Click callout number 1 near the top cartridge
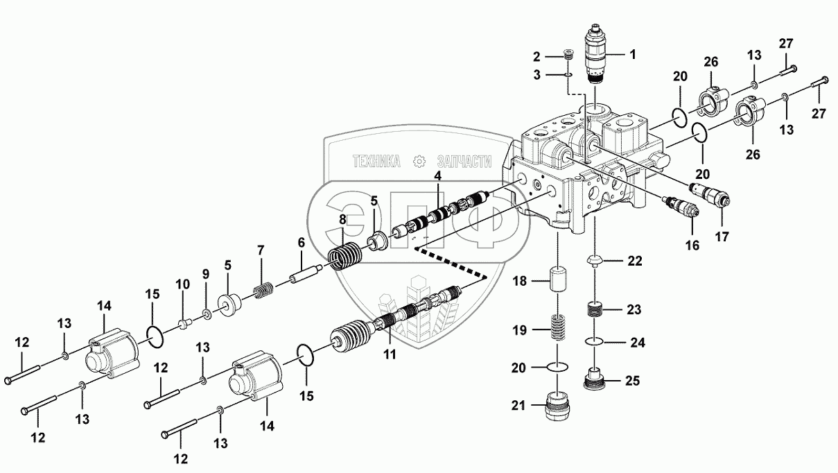point(632,53)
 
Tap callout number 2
point(536,55)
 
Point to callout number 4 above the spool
point(437,176)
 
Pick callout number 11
point(390,354)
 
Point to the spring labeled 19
point(559,326)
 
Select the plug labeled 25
point(594,379)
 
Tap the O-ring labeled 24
point(594,341)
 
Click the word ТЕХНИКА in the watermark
point(377,162)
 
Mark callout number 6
point(302,243)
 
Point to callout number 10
point(182,284)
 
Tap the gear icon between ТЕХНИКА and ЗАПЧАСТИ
point(418,162)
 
